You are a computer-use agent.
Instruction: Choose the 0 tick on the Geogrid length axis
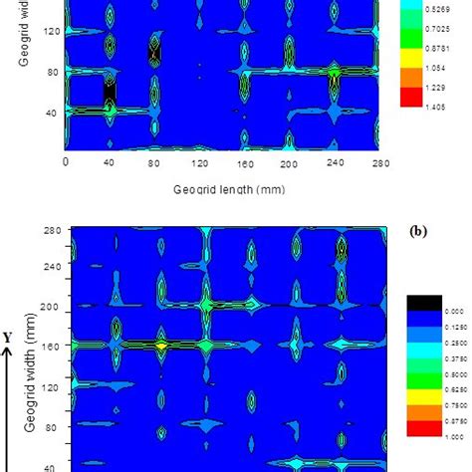(x=66, y=162)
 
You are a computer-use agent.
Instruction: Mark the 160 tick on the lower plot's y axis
(x=49, y=348)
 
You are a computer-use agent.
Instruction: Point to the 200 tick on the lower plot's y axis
(x=49, y=308)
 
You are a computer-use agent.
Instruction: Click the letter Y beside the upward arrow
(x=7, y=339)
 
